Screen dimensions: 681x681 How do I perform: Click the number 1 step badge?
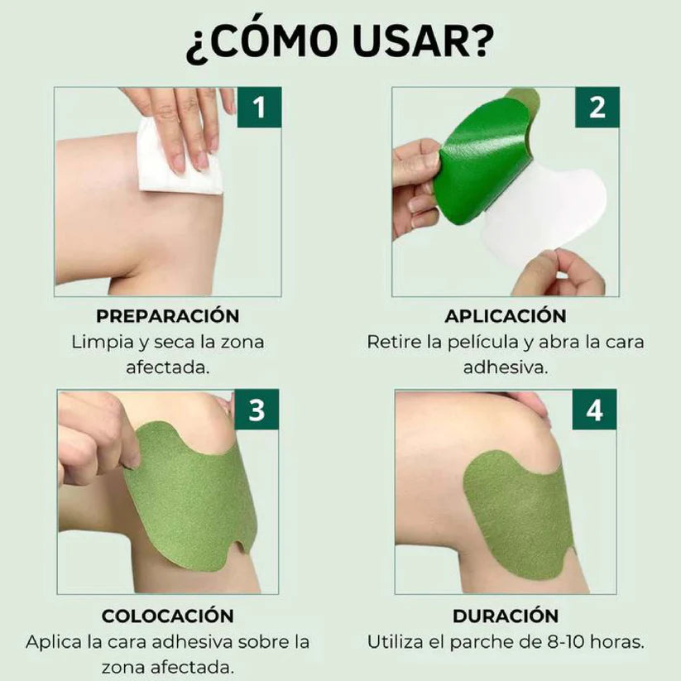[x=259, y=108]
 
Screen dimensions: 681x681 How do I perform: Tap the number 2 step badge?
[x=597, y=108]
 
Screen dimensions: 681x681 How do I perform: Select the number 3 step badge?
[x=257, y=410]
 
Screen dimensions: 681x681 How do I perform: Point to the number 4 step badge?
[x=595, y=410]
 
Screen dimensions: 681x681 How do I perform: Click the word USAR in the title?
[x=419, y=42]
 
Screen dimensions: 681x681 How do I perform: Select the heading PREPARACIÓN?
[x=168, y=316]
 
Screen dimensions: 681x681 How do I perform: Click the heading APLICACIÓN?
[x=506, y=316]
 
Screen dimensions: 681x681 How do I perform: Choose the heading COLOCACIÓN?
[x=168, y=616]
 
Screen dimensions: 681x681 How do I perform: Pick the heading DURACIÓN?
[x=506, y=616]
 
